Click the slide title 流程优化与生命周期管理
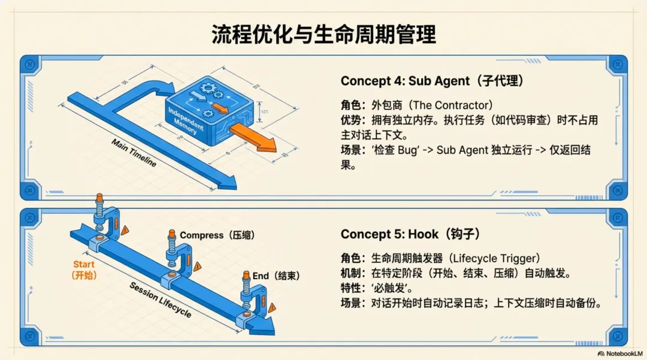click(x=323, y=34)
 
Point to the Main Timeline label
click(x=134, y=153)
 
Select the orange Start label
click(x=84, y=270)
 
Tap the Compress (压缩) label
click(x=217, y=235)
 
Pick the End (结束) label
click(x=276, y=276)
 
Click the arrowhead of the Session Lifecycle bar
click(x=264, y=326)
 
